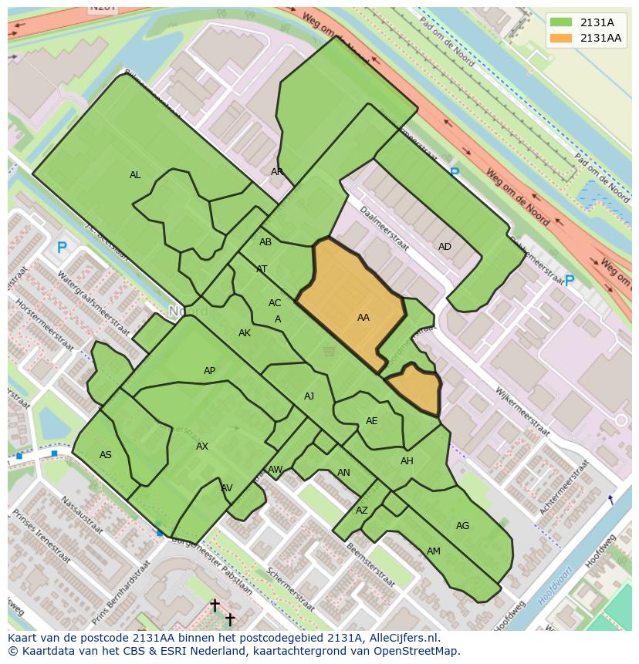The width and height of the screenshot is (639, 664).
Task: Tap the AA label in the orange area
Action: pyautogui.click(x=363, y=318)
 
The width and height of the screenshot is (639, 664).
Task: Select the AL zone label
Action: pyautogui.click(x=135, y=175)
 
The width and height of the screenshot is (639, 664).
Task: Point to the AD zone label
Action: pyautogui.click(x=445, y=247)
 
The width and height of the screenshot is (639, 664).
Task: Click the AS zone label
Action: pyautogui.click(x=106, y=455)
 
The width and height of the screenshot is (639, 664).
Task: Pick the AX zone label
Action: pyautogui.click(x=202, y=447)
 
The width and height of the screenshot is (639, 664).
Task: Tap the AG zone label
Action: pyautogui.click(x=462, y=526)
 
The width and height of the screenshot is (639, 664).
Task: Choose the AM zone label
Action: pyautogui.click(x=434, y=551)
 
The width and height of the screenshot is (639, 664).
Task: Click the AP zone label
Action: pyautogui.click(x=209, y=371)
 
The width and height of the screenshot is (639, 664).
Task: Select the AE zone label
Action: pyautogui.click(x=372, y=421)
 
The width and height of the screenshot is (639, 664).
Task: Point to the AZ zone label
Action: pyautogui.click(x=362, y=511)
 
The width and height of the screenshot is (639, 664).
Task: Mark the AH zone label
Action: pyautogui.click(x=407, y=461)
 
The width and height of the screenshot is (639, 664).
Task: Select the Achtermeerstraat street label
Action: pyautogui.click(x=564, y=487)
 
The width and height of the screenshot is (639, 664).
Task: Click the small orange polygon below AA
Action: pyautogui.click(x=414, y=388)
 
